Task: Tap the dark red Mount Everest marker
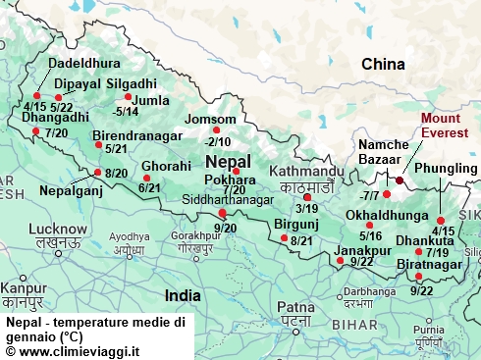(400, 180)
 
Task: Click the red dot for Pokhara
(236, 171)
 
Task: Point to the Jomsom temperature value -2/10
(217, 141)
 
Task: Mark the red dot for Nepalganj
(97, 173)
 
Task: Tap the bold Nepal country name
(228, 161)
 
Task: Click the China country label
(383, 65)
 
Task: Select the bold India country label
(183, 294)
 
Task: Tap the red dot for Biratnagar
(419, 277)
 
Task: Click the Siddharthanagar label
(228, 200)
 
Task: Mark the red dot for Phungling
(441, 220)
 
